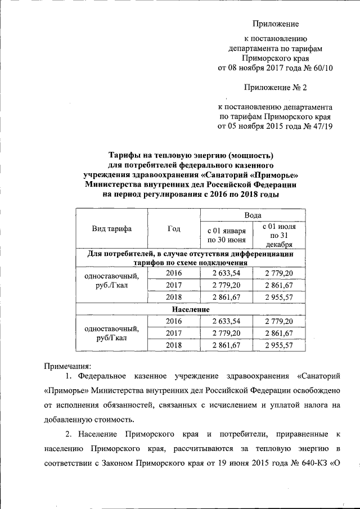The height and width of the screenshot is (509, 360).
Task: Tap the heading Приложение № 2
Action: (x=276, y=87)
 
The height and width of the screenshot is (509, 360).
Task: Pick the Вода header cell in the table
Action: (x=253, y=215)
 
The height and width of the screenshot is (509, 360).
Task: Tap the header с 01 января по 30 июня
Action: (x=227, y=236)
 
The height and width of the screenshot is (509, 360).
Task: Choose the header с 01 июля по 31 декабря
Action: (x=279, y=235)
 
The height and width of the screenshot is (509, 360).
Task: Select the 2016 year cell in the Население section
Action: (x=174, y=321)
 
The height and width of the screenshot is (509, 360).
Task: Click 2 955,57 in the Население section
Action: (x=279, y=345)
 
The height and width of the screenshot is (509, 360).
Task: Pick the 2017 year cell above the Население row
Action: (x=174, y=285)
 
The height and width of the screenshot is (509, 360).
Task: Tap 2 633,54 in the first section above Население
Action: (x=227, y=273)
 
